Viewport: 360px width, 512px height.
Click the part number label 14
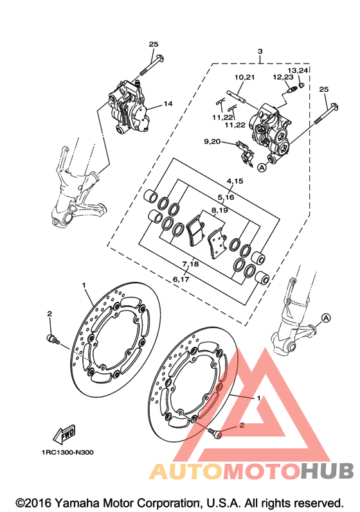[168, 103]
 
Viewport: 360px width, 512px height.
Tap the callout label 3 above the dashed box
[260, 51]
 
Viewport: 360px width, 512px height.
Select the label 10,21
[244, 77]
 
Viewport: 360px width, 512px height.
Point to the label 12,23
[283, 77]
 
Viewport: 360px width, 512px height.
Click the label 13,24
[298, 70]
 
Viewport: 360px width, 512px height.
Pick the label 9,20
[212, 141]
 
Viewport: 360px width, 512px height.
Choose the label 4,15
[235, 181]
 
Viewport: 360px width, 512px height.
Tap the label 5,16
[226, 197]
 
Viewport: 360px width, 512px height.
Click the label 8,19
[219, 210]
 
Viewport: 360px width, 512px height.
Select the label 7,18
[190, 263]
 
